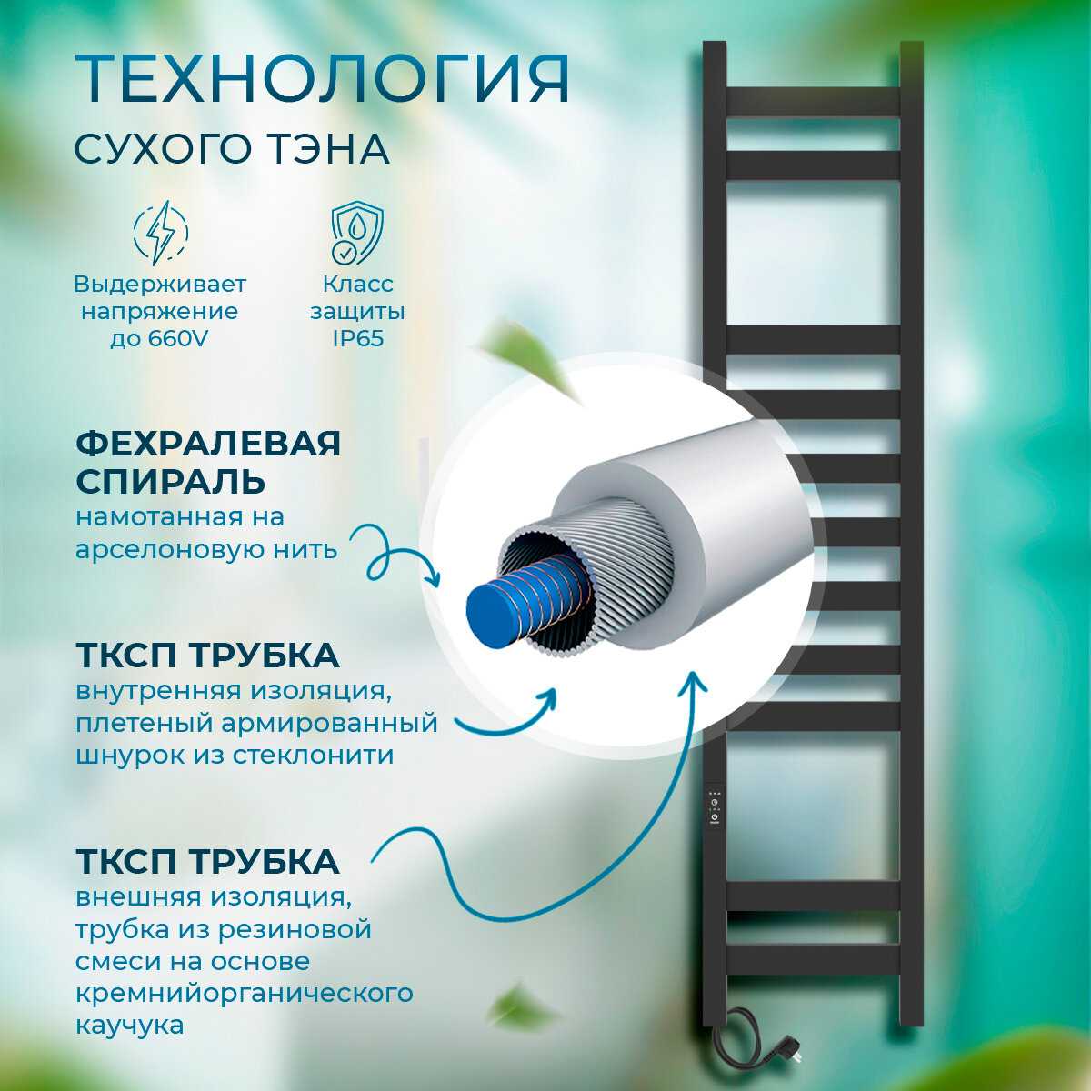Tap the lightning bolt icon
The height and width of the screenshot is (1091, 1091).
coord(161,232)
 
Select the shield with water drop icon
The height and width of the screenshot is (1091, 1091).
coord(357,234)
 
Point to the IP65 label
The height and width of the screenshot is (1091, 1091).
coord(358,338)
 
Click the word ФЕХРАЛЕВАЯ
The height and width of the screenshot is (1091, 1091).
coord(208,443)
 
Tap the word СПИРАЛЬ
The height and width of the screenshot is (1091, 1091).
coord(170,481)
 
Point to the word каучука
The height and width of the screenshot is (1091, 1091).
coord(130,1025)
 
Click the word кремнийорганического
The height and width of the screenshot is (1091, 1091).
coord(244,993)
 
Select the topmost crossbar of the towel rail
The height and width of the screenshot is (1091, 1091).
coord(813,102)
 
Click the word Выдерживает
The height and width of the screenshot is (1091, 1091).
coord(161,285)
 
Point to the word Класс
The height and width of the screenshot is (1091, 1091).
coord(358,285)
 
